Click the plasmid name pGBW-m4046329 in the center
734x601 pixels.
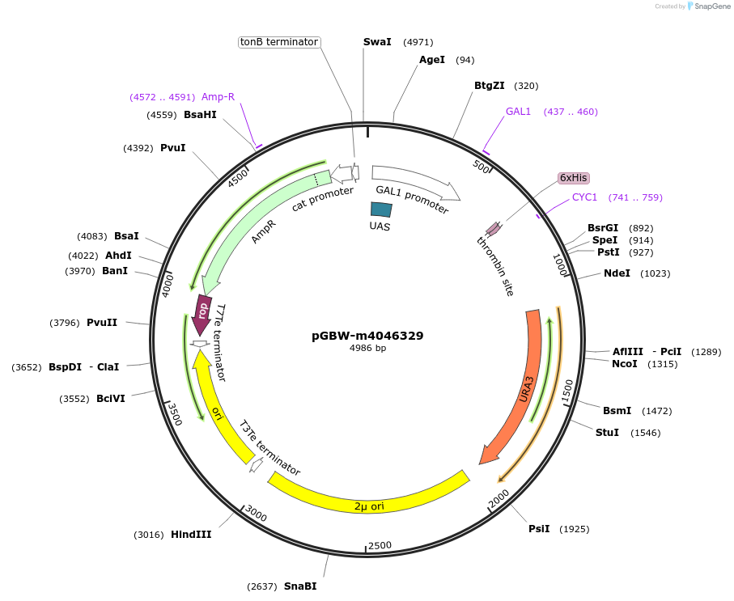pyautogui.click(x=367, y=336)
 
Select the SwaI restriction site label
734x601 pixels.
pyautogui.click(x=377, y=42)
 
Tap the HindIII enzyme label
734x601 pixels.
pyautogui.click(x=191, y=535)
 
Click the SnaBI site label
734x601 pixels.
pyautogui.click(x=300, y=586)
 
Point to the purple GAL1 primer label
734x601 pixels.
pyautogui.click(x=518, y=112)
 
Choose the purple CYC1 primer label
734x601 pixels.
pyautogui.click(x=584, y=197)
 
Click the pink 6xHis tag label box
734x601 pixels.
pyautogui.click(x=574, y=178)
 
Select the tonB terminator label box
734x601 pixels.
pyautogui.click(x=279, y=42)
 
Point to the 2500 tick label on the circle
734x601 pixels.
pyautogui.click(x=380, y=546)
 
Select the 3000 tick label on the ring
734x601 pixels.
pyautogui.click(x=256, y=514)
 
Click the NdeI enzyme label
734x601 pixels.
pyautogui.click(x=617, y=273)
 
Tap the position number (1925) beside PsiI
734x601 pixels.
pyautogui.click(x=575, y=529)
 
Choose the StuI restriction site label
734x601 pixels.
pyautogui.click(x=607, y=433)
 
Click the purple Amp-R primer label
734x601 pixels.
pyautogui.click(x=218, y=97)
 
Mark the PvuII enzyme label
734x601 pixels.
pyautogui.click(x=102, y=323)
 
